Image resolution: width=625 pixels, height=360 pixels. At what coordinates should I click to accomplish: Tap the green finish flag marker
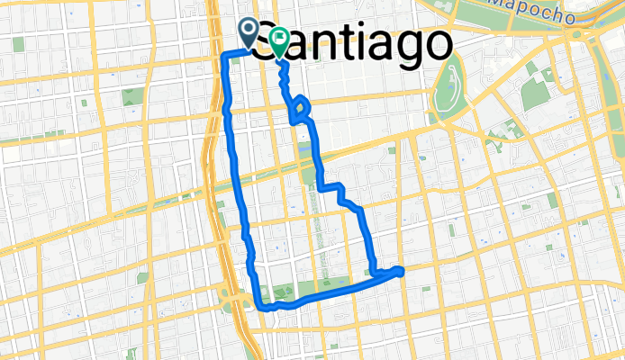[279, 40]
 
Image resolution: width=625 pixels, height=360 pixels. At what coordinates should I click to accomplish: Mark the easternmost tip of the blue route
[402, 269]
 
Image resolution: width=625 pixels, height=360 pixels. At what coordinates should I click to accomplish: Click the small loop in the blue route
[301, 111]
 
